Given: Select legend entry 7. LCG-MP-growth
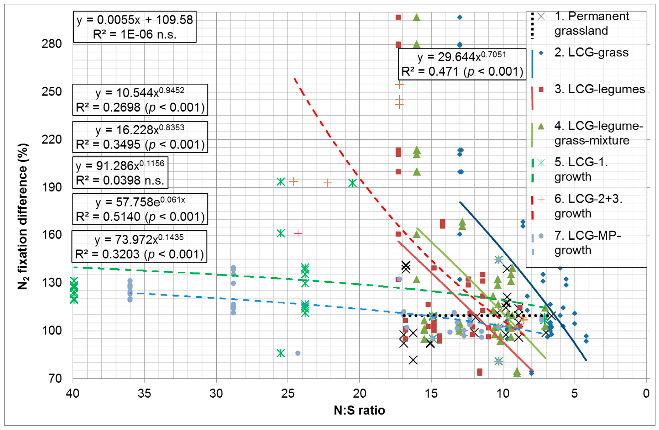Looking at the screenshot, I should coord(587,243).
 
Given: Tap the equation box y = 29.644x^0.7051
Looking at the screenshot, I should coord(462,64).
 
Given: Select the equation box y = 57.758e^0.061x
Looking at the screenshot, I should coord(140,209).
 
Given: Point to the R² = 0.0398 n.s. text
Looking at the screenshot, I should coord(120,180).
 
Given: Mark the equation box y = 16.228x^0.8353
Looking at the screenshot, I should coord(140,137).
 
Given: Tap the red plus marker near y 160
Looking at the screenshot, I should coord(298,234).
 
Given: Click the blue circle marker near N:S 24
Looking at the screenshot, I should coord(298,353).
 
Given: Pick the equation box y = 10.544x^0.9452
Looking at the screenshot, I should coord(140,100).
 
